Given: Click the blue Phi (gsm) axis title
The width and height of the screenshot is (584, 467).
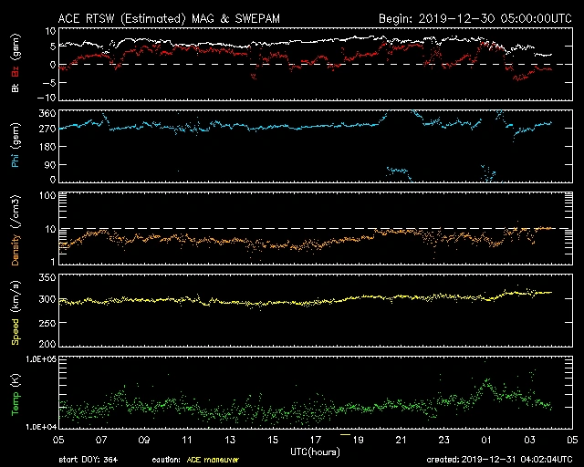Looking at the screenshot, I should click(16, 145).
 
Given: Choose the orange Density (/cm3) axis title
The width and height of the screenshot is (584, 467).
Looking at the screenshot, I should click(16, 228).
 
